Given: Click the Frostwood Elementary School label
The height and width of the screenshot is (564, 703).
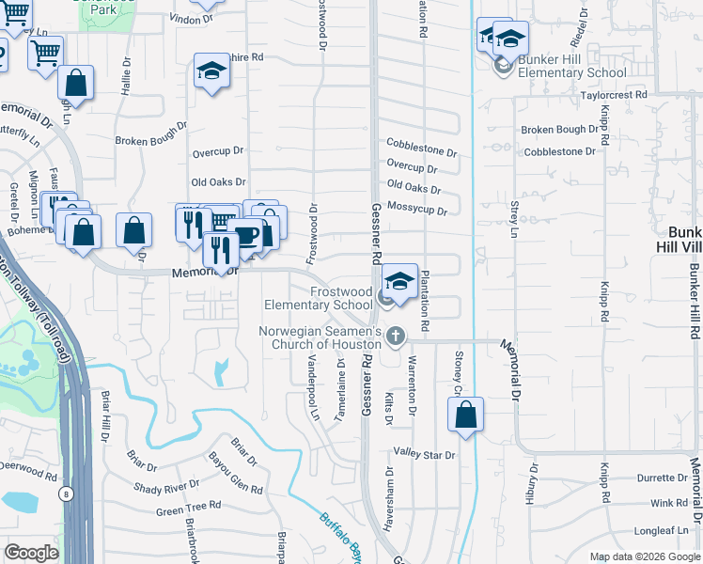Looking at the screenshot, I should coord(318,298).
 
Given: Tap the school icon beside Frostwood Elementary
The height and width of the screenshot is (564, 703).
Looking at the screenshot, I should coord(399,281).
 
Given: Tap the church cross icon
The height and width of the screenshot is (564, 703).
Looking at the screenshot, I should coord(396,336).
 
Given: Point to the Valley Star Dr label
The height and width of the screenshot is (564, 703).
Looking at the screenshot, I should coord(424,455).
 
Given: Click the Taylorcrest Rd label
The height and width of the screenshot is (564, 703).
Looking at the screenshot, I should coord(614,95).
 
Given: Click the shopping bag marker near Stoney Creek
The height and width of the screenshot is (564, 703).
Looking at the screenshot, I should coord(466,415).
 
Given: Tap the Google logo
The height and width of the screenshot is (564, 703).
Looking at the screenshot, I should coord(31,553).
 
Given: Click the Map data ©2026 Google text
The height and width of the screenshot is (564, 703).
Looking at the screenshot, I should coord(644,556).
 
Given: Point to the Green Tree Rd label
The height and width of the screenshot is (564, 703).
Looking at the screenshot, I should coord(188,506).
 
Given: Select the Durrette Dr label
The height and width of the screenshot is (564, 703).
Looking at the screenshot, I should coord(663,478).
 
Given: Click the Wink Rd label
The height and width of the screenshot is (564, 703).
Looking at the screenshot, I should coord(668,503).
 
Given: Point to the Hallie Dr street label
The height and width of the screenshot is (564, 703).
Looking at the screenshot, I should coord(125,78).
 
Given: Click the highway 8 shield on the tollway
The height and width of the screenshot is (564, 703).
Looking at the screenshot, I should coord(64,493).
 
